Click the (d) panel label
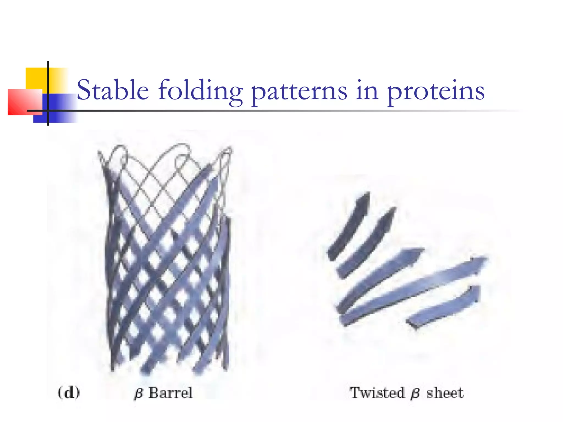coord(69,392)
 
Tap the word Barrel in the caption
coord(170,392)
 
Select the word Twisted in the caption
coord(377,392)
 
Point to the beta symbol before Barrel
coord(138,393)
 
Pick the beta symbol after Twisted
coord(415,393)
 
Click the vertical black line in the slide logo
coord(48,93)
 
